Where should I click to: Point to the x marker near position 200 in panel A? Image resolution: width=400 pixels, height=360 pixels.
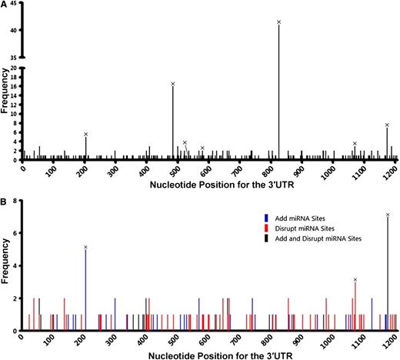coord(85,134)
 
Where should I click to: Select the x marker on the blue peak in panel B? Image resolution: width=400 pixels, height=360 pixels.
coord(85,247)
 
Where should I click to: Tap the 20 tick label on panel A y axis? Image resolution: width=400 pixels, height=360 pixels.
coord(15,68)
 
